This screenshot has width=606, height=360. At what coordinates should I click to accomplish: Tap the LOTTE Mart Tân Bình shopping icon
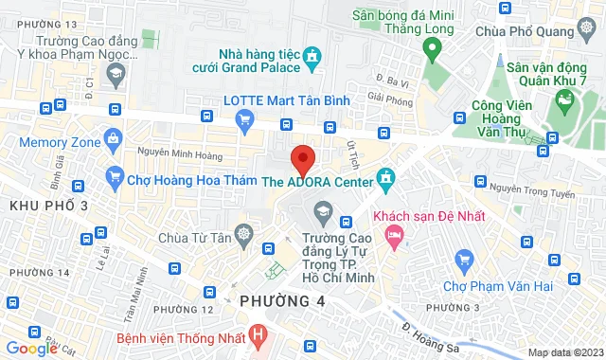[245, 118]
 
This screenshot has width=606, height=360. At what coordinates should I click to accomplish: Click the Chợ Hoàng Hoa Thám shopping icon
[116, 176]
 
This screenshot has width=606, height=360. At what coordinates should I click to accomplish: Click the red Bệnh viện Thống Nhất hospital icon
[259, 335]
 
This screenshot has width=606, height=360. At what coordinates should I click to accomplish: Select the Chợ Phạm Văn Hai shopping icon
[464, 259]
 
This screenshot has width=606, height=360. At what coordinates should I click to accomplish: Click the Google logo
[32, 348]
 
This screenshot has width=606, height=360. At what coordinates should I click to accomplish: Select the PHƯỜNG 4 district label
[281, 301]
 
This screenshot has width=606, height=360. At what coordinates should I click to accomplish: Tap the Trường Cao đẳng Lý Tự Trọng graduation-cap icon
[325, 208]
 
